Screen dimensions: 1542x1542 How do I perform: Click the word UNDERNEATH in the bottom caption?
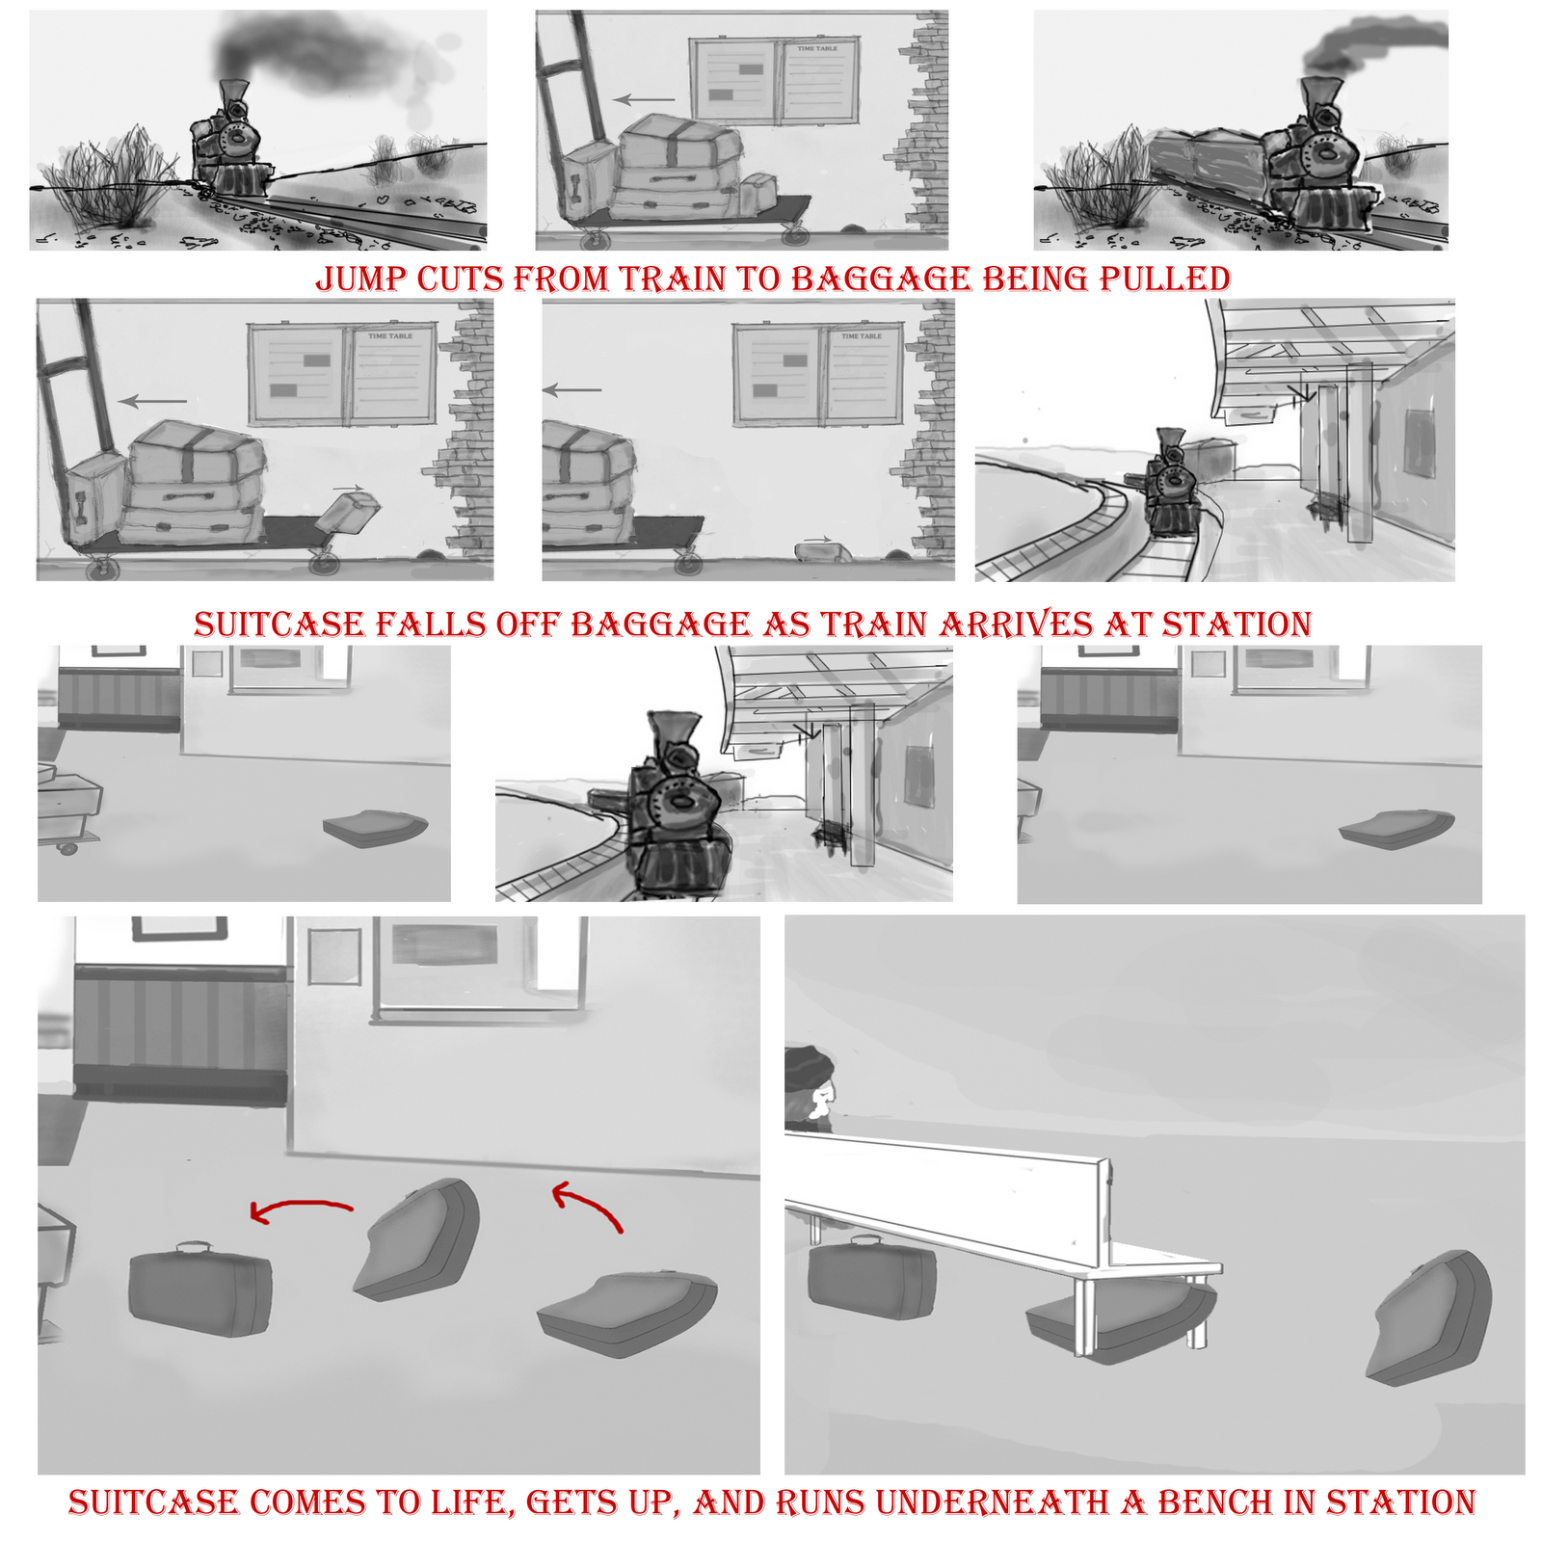(993, 1502)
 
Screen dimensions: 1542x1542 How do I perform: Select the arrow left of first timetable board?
(644, 98)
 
